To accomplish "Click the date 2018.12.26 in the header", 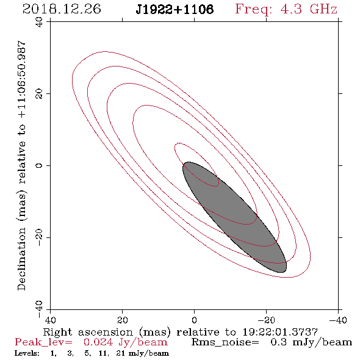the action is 62,9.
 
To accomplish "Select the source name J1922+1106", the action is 175,10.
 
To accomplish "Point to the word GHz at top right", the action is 323,9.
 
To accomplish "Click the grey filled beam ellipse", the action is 235,217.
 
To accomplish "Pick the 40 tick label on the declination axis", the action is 39,22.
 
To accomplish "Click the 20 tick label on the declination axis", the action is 39,94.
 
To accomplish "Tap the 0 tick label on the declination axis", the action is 39,165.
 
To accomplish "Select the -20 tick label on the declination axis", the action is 39,237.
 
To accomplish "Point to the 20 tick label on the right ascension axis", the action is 122,320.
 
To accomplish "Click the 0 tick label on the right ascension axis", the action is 194,320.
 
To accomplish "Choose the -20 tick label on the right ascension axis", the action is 266,320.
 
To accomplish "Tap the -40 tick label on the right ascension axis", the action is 338,320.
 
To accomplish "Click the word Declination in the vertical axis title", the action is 21,259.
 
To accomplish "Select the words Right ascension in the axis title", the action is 88,332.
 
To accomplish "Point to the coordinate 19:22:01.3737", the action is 280,332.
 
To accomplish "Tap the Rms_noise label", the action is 225,342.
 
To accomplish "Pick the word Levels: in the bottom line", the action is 27,353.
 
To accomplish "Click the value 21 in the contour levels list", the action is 120,353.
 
